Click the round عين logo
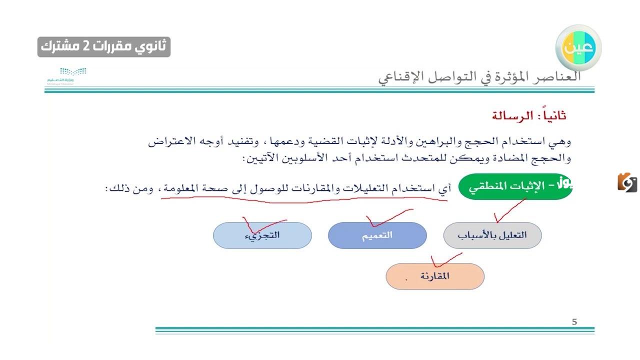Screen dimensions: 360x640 tap(578, 47)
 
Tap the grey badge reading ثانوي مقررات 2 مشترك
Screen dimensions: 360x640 tap(104, 47)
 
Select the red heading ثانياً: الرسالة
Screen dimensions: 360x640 tap(529, 116)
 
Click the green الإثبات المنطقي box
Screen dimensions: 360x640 tap(515, 186)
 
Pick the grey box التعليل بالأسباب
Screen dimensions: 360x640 tap(492, 235)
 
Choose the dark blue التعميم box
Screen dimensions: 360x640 tap(377, 235)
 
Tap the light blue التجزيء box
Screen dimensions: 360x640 tap(262, 235)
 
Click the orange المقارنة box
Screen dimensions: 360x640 tap(434, 276)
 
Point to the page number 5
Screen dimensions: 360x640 tap(574, 322)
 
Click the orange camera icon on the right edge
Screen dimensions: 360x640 tap(627, 182)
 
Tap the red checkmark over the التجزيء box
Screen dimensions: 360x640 tap(260, 224)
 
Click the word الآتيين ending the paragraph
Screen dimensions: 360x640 tap(259, 158)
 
